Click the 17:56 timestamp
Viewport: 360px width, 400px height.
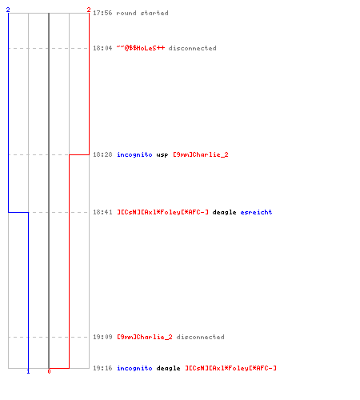pos(102,13)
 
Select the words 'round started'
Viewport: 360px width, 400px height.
pos(142,13)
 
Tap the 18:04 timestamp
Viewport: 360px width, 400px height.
pos(102,48)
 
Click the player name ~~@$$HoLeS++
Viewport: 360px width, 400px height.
pos(141,48)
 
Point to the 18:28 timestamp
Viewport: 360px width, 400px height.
pos(102,154)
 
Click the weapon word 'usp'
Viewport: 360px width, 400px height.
pos(162,155)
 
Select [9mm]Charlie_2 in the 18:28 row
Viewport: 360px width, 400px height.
pos(201,154)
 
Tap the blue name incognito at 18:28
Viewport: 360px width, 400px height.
pos(134,154)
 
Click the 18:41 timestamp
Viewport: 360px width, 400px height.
pos(102,212)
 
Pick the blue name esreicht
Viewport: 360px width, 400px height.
pos(256,212)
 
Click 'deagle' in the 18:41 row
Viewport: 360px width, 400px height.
pos(224,212)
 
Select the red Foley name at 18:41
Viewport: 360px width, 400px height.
pos(162,212)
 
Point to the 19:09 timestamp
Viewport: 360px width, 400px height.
pos(102,337)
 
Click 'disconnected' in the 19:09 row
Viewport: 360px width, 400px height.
pos(200,337)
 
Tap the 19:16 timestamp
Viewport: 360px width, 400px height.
pos(102,368)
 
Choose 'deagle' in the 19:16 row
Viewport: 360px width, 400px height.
pos(168,368)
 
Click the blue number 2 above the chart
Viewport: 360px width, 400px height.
pos(8,10)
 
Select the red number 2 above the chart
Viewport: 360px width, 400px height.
pos(89,10)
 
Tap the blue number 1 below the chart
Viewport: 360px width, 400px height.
pos(28,371)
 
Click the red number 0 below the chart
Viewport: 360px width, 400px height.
pos(49,371)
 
